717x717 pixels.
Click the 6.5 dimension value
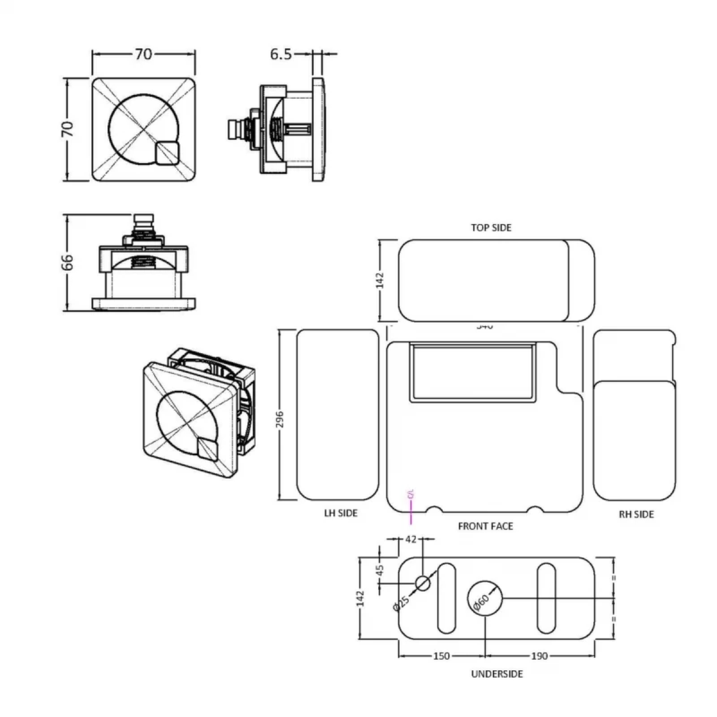(x=281, y=55)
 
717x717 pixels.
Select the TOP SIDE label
(x=491, y=228)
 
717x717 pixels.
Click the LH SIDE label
(x=341, y=514)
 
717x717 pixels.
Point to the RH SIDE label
(x=636, y=514)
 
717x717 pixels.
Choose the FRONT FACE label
(x=485, y=526)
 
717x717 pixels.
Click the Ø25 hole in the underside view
(x=423, y=583)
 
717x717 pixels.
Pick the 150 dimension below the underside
(x=441, y=656)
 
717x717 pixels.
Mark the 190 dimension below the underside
(x=539, y=656)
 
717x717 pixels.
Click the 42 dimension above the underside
(x=411, y=540)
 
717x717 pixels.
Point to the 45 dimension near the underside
(x=379, y=571)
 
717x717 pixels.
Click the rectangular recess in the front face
(x=472, y=369)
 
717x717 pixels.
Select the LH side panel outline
(x=337, y=415)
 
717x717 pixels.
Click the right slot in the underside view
(x=546, y=597)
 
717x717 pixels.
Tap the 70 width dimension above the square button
(x=143, y=55)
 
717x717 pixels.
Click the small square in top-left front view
(x=167, y=154)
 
